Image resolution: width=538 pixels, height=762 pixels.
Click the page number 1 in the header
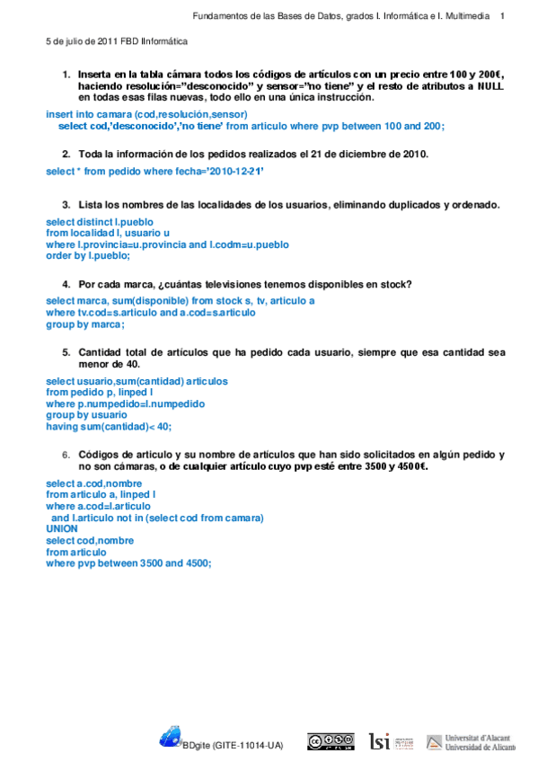click(x=502, y=15)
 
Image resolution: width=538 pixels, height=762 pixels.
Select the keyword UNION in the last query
click(x=62, y=529)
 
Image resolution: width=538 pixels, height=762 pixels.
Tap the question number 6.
click(x=66, y=456)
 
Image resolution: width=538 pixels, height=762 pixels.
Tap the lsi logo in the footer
click(x=380, y=741)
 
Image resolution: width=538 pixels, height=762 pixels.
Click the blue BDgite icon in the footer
click(x=171, y=737)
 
